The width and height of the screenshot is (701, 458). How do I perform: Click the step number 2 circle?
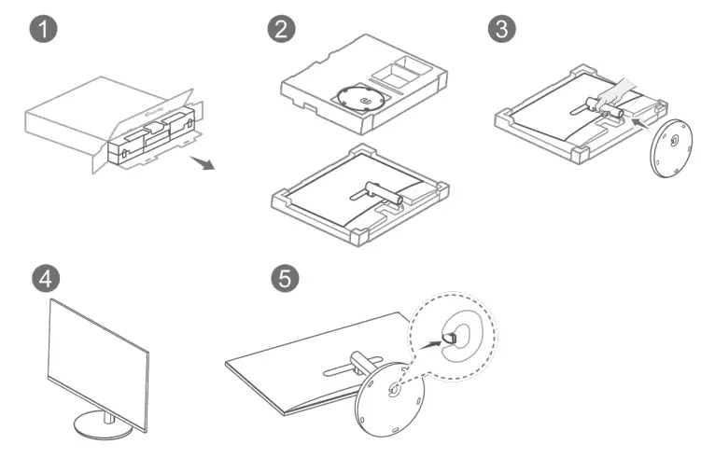pyautogui.click(x=277, y=28)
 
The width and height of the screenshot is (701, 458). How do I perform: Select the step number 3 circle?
pyautogui.click(x=501, y=28)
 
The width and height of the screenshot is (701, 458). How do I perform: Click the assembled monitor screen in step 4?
pyautogui.click(x=98, y=359)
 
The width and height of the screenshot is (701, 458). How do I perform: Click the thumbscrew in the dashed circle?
pyautogui.click(x=451, y=333)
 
